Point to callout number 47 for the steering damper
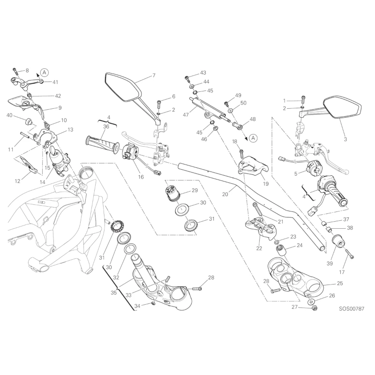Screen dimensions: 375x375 coord(186,114)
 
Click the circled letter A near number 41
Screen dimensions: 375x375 coord(44,72)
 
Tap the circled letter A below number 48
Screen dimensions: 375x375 coord(253,138)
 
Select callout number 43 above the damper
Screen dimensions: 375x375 coord(203,73)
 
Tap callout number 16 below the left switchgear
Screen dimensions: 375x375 coord(141,177)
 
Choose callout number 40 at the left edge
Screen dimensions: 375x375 coord(9,115)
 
